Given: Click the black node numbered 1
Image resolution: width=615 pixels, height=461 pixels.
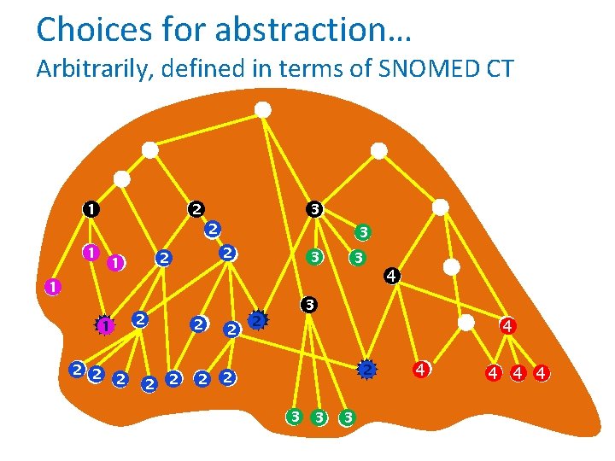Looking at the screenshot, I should click(x=90, y=208).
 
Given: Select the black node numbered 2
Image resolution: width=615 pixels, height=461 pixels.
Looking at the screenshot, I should click(x=196, y=208).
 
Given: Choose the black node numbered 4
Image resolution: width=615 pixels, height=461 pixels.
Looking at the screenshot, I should click(x=390, y=276).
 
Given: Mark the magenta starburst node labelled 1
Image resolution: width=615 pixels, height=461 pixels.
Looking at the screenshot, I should click(x=104, y=325).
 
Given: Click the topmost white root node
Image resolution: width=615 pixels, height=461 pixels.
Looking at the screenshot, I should click(x=264, y=109).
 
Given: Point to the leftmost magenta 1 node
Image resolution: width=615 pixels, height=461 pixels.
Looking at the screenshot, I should click(x=52, y=287).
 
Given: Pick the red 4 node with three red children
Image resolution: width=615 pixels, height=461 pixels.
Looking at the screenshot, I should click(x=507, y=325).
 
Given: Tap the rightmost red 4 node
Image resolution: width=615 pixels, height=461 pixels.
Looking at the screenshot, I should click(x=541, y=372).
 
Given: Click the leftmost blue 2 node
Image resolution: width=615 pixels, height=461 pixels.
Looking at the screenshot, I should click(x=77, y=370).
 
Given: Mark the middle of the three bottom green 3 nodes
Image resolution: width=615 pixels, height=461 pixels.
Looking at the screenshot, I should click(x=319, y=417).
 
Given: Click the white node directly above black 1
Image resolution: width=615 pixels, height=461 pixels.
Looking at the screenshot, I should click(x=122, y=179).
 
